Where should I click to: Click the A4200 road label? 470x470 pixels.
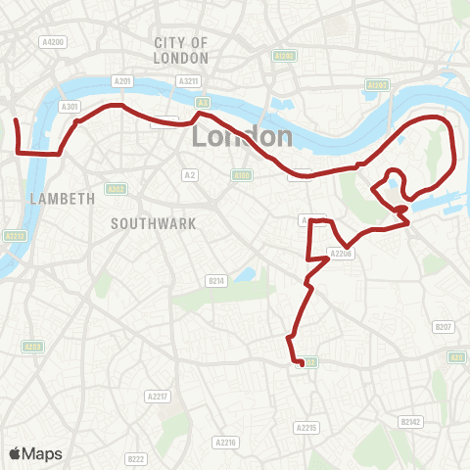(53, 42)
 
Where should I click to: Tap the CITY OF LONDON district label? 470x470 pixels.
(181, 50)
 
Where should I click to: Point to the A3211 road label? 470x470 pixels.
(190, 81)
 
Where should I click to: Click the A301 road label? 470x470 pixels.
(69, 106)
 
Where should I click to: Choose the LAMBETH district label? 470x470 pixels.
(63, 198)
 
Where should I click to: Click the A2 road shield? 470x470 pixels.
(189, 174)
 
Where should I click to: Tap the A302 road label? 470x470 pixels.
(116, 189)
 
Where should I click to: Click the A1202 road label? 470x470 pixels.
(284, 56)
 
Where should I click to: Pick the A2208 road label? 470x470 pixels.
(340, 253)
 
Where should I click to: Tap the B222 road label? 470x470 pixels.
(135, 458)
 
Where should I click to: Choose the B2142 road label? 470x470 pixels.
(410, 421)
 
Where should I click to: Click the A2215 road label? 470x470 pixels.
(306, 427)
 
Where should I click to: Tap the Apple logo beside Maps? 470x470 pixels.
(16, 453)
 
